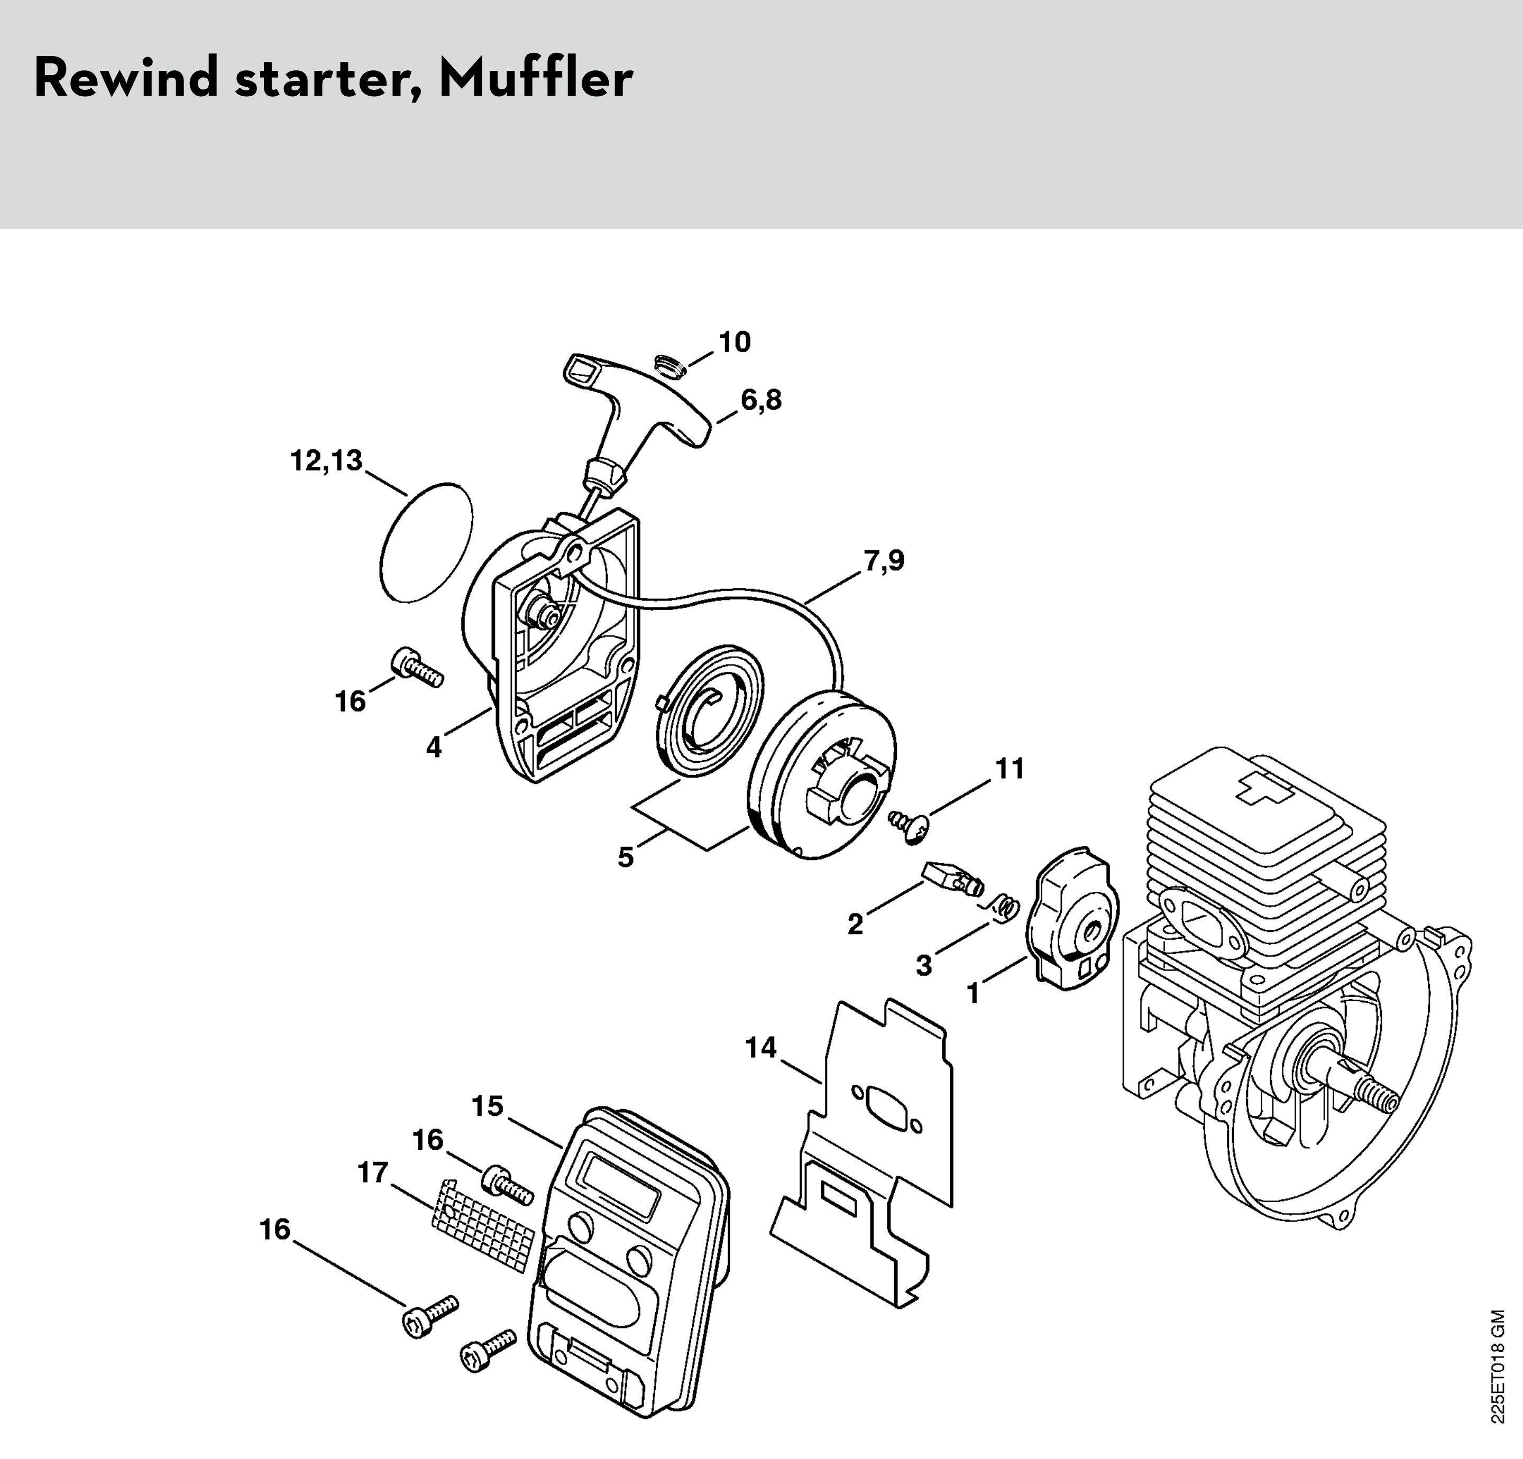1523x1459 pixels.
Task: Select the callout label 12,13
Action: [x=326, y=461]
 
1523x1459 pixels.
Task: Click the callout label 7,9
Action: [x=884, y=560]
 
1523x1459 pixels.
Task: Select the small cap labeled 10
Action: [x=666, y=364]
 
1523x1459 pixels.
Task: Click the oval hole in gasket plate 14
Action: [x=887, y=1103]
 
